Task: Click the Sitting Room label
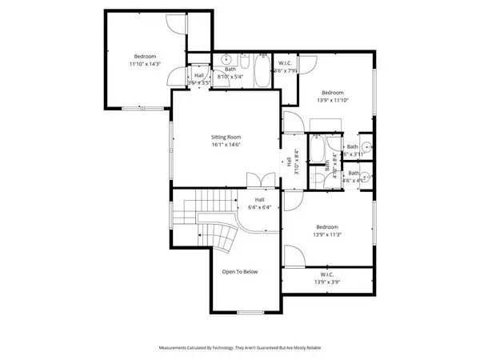click(226, 138)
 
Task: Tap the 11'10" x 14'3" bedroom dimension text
click(145, 63)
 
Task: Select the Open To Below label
click(240, 272)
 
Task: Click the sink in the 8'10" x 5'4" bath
click(226, 59)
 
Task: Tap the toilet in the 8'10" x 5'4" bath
click(243, 60)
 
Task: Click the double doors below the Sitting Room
click(257, 180)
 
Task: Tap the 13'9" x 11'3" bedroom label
click(326, 230)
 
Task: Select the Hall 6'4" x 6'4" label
click(259, 203)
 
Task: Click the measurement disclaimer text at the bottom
click(240, 348)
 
